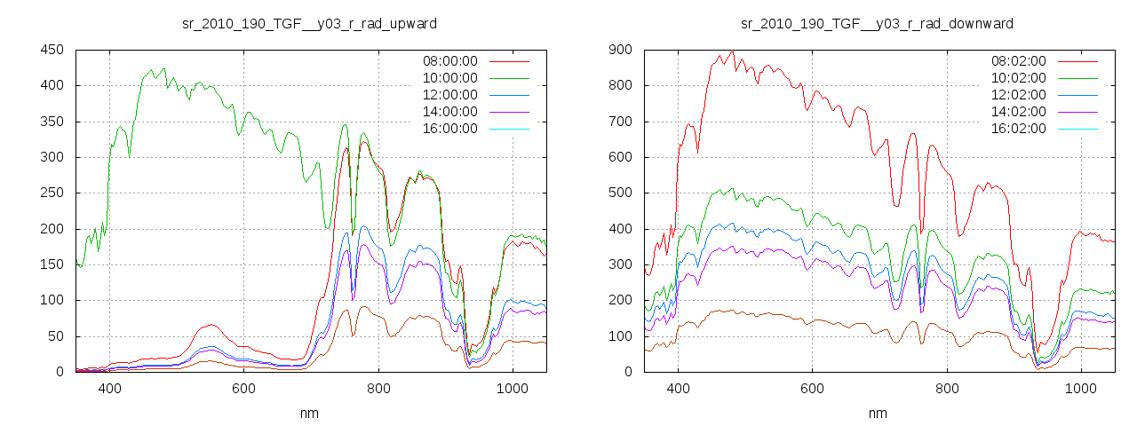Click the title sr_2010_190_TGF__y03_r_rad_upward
[x=309, y=23]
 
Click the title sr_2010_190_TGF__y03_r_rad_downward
[x=878, y=23]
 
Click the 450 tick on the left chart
[x=52, y=51]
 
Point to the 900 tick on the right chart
[x=620, y=51]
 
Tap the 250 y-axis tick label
[x=52, y=193]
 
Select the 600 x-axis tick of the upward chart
[x=244, y=389]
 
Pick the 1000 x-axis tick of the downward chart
[x=1080, y=389]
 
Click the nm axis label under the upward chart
[x=309, y=413]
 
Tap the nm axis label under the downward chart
[x=878, y=413]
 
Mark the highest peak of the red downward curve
[x=732, y=51]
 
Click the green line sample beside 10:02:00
[x=1078, y=78]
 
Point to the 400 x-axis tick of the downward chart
[x=678, y=389]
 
